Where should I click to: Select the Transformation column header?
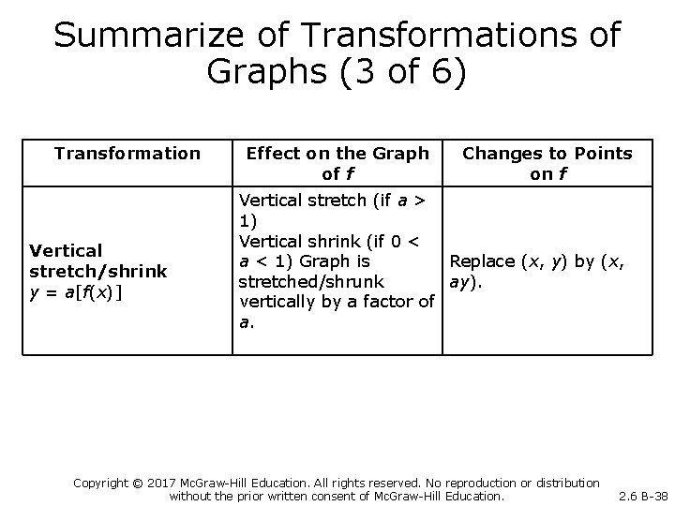click(127, 153)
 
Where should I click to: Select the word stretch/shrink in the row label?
click(98, 271)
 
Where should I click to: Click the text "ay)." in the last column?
click(470, 281)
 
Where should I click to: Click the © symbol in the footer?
click(150, 483)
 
